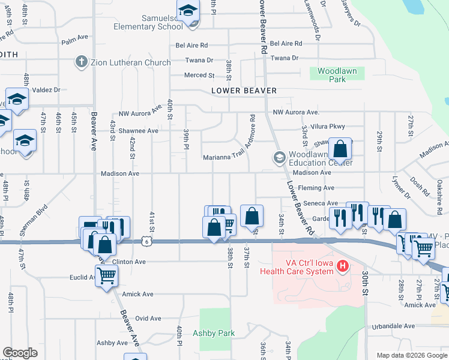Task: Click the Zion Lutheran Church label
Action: pyautogui.click(x=131, y=62)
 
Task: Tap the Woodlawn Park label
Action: pyautogui.click(x=337, y=75)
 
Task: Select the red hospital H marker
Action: pyautogui.click(x=343, y=265)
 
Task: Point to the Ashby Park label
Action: pyautogui.click(x=214, y=333)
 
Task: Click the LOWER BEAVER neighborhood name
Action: pyautogui.click(x=244, y=91)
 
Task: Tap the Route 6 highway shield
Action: pyautogui.click(x=146, y=241)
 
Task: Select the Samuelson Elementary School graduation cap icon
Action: pyautogui.click(x=188, y=11)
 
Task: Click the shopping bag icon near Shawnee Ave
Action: pyautogui.click(x=340, y=149)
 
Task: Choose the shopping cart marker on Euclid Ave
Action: pyautogui.click(x=106, y=276)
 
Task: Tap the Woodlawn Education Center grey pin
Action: pyautogui.click(x=279, y=158)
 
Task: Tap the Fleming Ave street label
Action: pyautogui.click(x=316, y=188)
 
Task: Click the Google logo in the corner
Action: pyautogui.click(x=20, y=353)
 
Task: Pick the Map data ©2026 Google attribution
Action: pyautogui.click(x=411, y=355)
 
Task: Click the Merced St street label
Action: pyautogui.click(x=199, y=76)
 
